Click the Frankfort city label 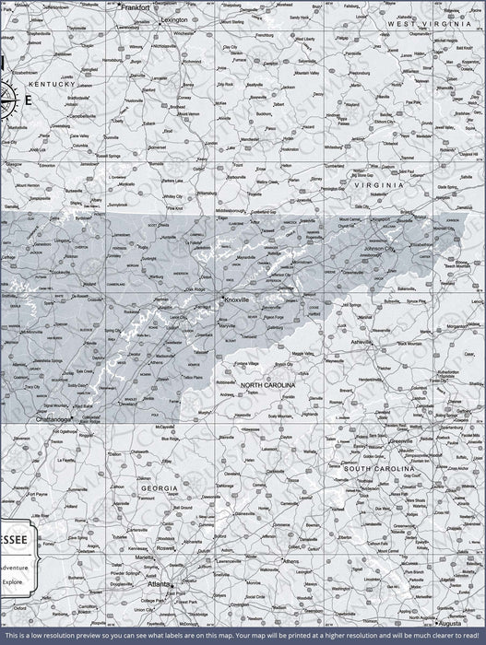pyautogui.click(x=134, y=6)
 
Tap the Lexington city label pyautogui.click(x=173, y=18)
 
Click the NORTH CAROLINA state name pyautogui.click(x=267, y=384)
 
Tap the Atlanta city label pyautogui.click(x=159, y=584)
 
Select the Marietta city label pyautogui.click(x=144, y=557)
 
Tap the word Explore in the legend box pyautogui.click(x=12, y=581)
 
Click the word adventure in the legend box pyautogui.click(x=13, y=568)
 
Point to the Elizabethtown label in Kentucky pyautogui.click(x=24, y=71)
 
